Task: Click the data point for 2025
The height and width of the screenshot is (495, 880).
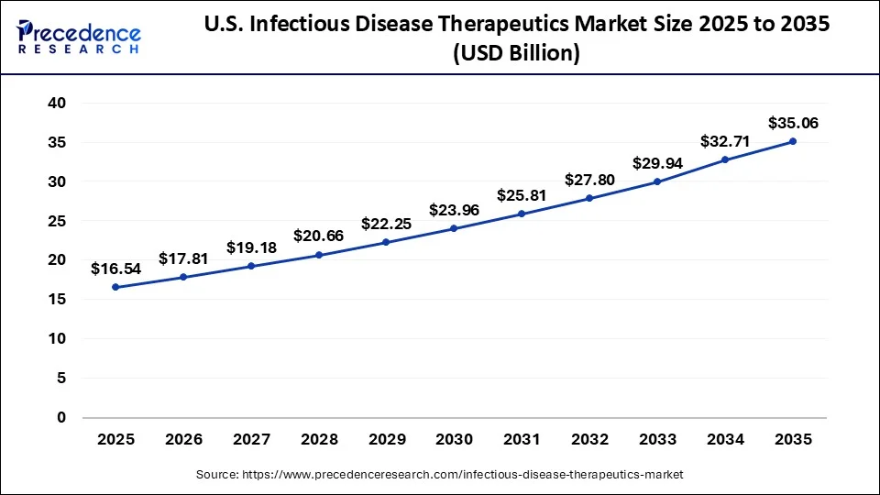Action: tap(115, 287)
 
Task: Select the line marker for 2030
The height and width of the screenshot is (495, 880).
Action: tap(454, 228)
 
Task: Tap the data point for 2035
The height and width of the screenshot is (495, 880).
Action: tap(793, 141)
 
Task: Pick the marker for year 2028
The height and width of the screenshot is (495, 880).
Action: tap(319, 255)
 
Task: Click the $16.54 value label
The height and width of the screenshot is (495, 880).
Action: tap(115, 269)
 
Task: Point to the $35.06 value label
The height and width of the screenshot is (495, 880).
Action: tap(793, 123)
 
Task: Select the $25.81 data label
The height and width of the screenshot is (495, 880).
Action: tap(522, 195)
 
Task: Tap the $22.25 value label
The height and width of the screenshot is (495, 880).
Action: tap(386, 224)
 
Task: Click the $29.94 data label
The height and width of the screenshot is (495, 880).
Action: tap(657, 163)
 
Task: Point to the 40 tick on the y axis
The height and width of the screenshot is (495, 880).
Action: tap(57, 104)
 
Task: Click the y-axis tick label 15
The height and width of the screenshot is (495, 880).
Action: tap(57, 300)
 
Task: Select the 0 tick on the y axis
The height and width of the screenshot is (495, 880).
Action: tap(61, 417)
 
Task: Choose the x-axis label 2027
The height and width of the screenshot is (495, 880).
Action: tap(251, 440)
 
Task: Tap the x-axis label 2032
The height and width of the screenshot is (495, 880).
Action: tap(589, 440)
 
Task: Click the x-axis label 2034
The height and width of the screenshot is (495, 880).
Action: tap(725, 440)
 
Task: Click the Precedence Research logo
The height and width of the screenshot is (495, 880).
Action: tap(79, 37)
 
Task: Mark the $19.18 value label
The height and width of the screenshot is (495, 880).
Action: tap(251, 247)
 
